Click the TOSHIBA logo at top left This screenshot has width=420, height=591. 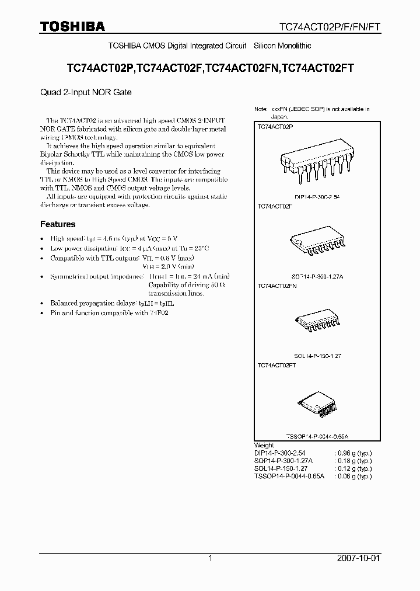coord(72,26)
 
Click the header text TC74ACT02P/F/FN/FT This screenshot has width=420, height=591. coord(329,27)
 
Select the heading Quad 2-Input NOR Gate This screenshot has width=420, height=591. coord(85,92)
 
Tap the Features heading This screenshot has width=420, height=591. coord(57,224)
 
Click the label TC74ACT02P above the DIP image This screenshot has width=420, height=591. coord(275,126)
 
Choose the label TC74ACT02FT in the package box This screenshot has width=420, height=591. coord(276,365)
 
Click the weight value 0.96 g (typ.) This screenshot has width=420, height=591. coord(352,453)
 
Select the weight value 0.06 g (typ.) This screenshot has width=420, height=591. coord(352,477)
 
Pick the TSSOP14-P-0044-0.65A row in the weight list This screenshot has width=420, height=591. coord(289,477)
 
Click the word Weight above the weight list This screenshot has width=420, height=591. coord(264,445)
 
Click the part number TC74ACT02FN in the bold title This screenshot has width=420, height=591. coord(242,68)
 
